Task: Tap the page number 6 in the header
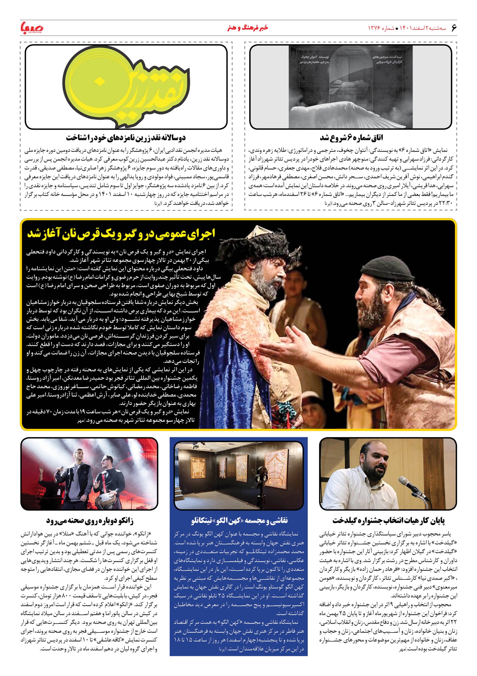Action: coord(453,28)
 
